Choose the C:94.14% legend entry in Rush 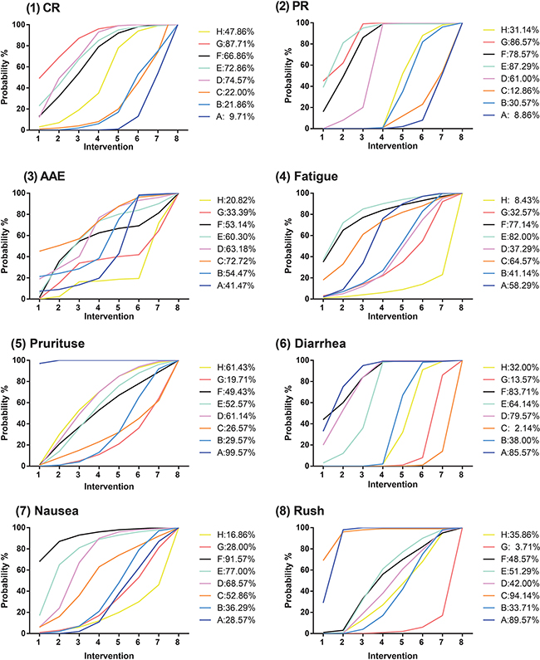click(x=508, y=607)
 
